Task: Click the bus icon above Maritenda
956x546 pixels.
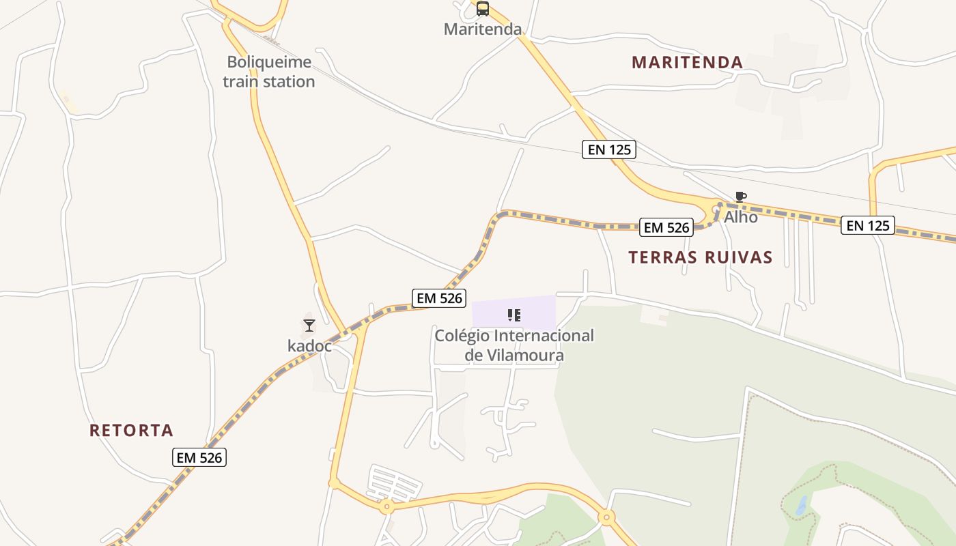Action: click(x=482, y=9)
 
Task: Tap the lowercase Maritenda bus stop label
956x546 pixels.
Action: click(x=482, y=29)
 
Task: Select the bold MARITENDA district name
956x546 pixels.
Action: click(x=687, y=62)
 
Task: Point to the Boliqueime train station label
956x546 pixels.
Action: click(x=269, y=72)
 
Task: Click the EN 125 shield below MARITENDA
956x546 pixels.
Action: click(x=609, y=149)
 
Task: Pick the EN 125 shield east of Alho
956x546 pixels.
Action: click(x=868, y=225)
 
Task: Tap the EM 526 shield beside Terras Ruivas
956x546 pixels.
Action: click(x=666, y=227)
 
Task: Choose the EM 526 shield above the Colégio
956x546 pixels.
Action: click(x=440, y=298)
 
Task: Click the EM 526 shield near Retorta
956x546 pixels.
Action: click(x=199, y=457)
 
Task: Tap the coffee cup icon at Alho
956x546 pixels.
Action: click(x=740, y=197)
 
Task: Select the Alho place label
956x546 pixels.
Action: click(x=741, y=217)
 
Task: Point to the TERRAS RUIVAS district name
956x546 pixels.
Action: click(x=701, y=257)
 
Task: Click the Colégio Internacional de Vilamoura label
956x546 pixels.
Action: click(x=514, y=345)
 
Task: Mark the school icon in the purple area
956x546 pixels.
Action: click(x=514, y=315)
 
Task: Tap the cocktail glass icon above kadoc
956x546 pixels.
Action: click(x=309, y=326)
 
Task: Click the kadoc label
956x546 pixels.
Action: click(x=309, y=346)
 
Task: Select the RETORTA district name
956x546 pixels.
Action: click(x=132, y=431)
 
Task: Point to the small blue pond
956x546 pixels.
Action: click(x=801, y=506)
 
